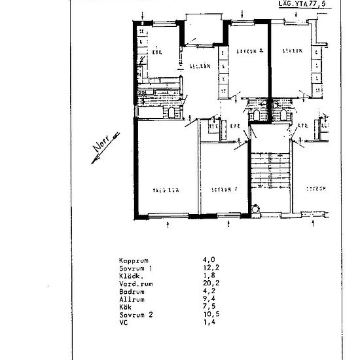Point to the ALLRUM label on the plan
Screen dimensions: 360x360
pos(199,65)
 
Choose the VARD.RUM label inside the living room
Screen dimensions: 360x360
pos(166,190)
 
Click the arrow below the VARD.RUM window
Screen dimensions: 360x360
pos(170,225)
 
